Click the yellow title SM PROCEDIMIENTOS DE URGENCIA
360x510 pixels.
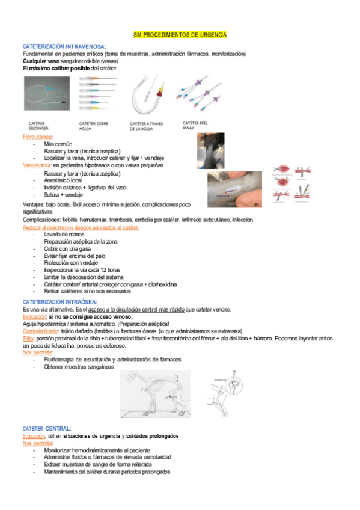tap(180, 35)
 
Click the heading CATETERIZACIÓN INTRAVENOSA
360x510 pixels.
tap(64, 46)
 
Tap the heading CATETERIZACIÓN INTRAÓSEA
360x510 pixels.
tap(59, 301)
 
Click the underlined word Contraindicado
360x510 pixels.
tap(40, 331)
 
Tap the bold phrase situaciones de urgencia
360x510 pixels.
tap(84, 435)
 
